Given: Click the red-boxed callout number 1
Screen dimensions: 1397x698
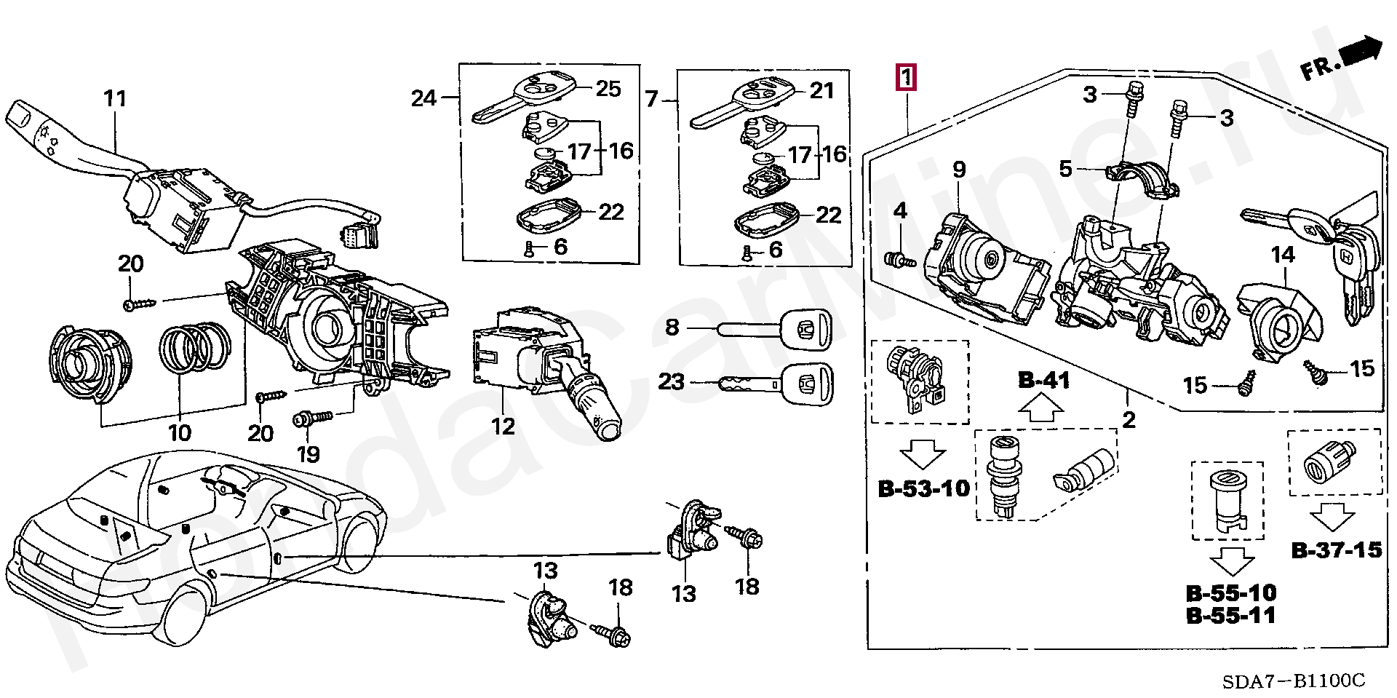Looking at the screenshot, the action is [907, 77].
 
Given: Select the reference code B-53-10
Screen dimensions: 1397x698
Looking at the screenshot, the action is [924, 488].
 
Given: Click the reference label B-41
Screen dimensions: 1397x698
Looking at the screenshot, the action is [1043, 380].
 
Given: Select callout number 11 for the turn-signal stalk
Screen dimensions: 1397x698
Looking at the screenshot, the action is [115, 98].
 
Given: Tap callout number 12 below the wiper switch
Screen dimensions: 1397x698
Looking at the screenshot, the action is [503, 425].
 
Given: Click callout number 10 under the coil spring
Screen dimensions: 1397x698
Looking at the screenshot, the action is [179, 432].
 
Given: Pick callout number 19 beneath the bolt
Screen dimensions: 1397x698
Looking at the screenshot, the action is [309, 454].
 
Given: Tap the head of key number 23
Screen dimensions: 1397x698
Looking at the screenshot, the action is [808, 381].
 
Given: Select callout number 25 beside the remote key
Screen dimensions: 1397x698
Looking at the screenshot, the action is [608, 89].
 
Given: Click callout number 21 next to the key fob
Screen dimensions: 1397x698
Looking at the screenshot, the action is [821, 90].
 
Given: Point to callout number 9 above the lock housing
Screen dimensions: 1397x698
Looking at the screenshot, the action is [959, 170].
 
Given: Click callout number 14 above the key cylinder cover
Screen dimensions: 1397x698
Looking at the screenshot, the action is [1283, 255].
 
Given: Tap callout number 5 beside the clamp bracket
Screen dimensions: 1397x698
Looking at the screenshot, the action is [1066, 170].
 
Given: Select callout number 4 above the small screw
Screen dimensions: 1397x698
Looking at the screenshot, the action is [900, 211].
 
